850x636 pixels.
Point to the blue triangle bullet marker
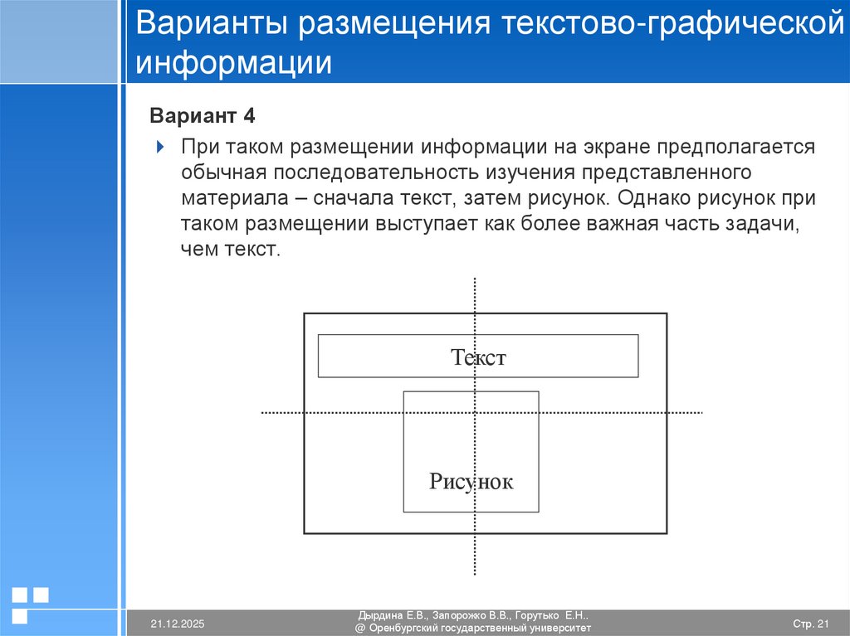[160, 148]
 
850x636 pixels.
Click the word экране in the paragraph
[611, 147]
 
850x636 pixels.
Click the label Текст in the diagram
[478, 357]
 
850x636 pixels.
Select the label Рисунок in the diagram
[471, 481]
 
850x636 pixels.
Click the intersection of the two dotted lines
[475, 412]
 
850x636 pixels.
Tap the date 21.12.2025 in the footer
[177, 623]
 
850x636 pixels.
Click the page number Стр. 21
[811, 623]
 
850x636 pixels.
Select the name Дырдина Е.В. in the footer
[393, 616]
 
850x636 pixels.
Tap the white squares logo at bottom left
[30, 603]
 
